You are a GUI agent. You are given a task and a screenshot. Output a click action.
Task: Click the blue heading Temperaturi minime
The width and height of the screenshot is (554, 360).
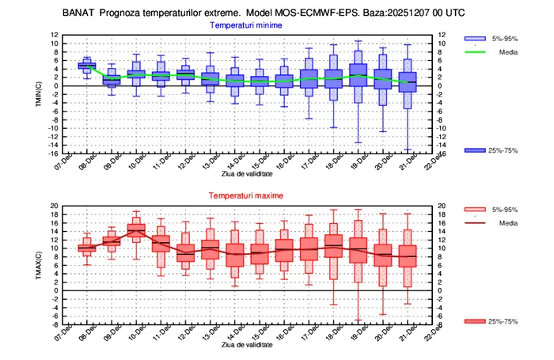tap(246, 25)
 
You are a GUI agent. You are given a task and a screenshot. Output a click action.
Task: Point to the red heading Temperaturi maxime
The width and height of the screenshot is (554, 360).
tap(246, 195)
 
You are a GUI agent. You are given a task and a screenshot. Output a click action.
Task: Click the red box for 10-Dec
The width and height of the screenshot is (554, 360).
tap(136, 230)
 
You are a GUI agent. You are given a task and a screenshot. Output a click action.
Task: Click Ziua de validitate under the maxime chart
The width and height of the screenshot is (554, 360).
tap(246, 344)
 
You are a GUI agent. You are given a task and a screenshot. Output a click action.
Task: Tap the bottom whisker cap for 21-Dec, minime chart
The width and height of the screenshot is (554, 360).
tap(408, 150)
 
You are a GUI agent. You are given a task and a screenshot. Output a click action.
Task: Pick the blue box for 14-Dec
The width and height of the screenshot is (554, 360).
tap(234, 81)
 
